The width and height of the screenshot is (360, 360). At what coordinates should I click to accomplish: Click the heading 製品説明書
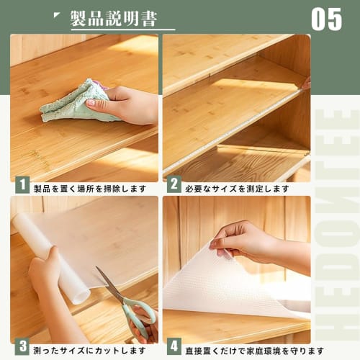(113, 18)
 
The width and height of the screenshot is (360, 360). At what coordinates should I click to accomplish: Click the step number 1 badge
(22, 188)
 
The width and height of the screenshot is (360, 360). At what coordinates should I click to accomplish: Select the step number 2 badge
(174, 188)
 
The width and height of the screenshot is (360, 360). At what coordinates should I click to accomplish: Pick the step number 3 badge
(22, 349)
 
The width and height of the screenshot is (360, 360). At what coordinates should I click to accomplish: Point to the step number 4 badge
(174, 349)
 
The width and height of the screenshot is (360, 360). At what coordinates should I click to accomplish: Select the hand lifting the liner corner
(245, 240)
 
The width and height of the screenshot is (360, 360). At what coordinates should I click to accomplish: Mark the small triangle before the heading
(58, 15)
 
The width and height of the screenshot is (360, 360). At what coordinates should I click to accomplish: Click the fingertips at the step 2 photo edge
(306, 84)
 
